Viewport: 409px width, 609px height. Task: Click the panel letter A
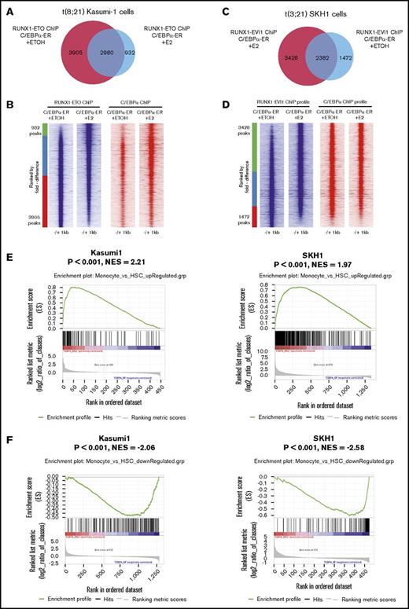tap(6, 7)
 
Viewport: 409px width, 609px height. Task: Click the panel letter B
tap(6, 100)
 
